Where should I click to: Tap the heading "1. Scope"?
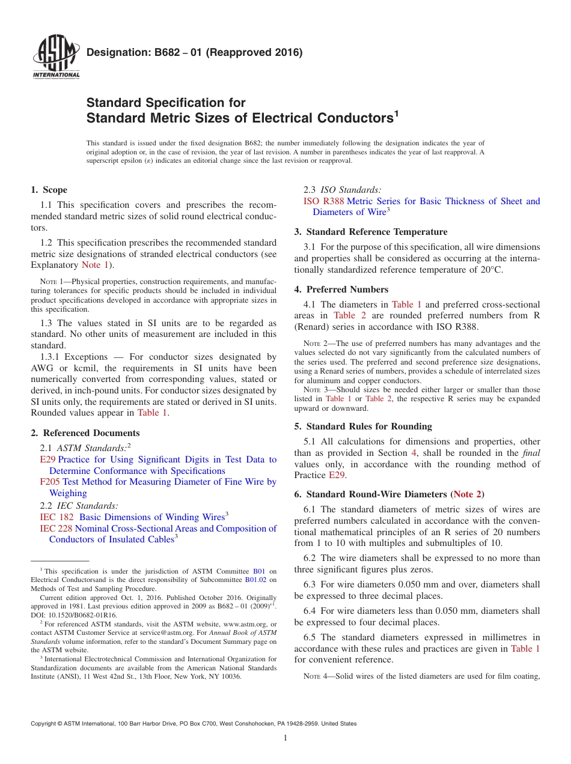point(49,190)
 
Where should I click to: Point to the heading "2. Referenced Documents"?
point(85,433)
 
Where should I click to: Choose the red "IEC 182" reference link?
point(56,517)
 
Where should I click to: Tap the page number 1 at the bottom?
point(285,738)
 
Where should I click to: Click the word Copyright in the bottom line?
point(44,724)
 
